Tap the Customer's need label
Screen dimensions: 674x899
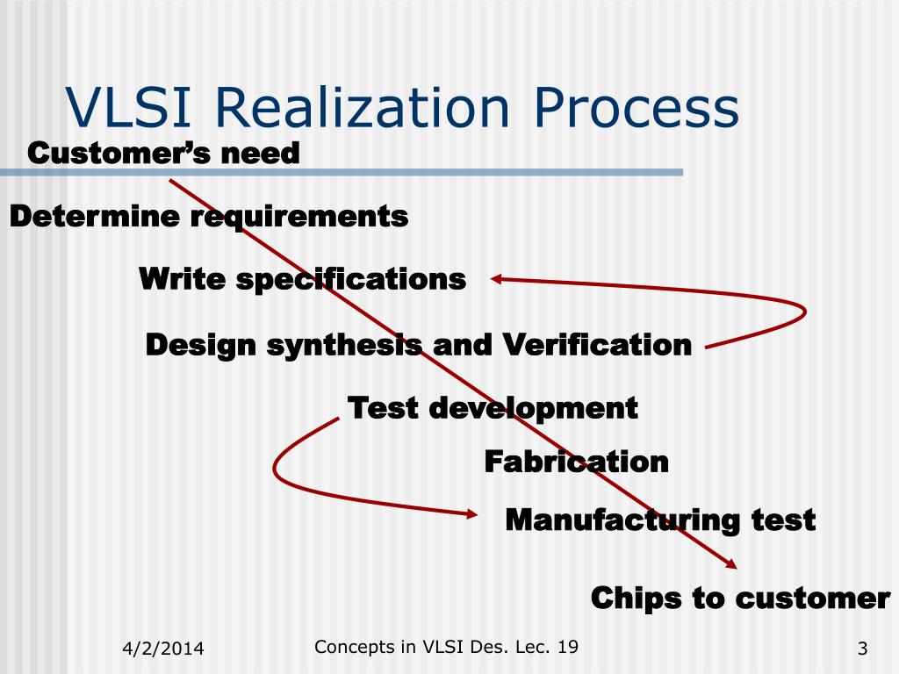(164, 154)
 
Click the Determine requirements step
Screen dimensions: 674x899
(209, 216)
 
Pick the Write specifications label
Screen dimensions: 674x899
(303, 280)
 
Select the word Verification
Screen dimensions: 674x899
(597, 345)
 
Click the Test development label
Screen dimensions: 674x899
(493, 408)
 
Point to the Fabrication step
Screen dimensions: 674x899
(577, 462)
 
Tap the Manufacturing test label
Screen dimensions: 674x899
(660, 520)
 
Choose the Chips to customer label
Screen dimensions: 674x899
(740, 599)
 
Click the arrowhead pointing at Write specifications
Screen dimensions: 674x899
(496, 280)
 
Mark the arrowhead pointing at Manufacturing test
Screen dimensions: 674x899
(471, 515)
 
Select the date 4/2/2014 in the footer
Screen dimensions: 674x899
(162, 649)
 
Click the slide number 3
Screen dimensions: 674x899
(862, 649)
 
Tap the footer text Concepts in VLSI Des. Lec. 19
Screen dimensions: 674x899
(446, 648)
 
